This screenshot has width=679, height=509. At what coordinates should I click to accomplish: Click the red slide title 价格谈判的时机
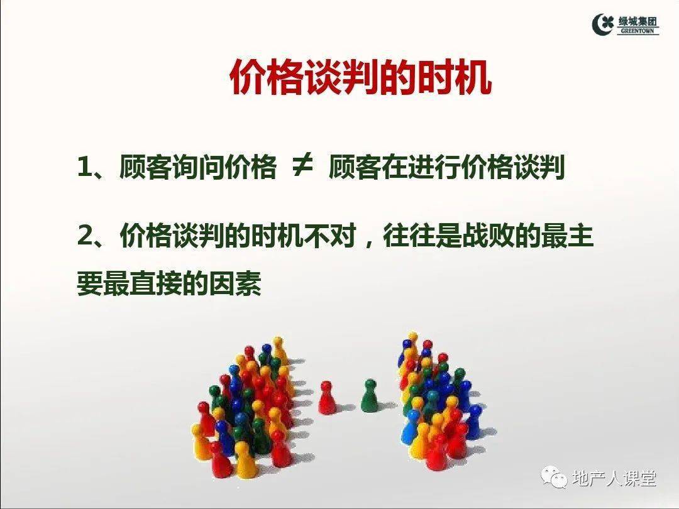pyautogui.click(x=360, y=79)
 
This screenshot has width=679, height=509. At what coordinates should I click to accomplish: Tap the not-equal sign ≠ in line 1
pyautogui.click(x=302, y=168)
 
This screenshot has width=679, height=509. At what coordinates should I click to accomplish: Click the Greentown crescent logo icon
pyautogui.click(x=602, y=24)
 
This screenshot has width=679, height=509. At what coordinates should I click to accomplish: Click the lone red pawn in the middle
pyautogui.click(x=326, y=397)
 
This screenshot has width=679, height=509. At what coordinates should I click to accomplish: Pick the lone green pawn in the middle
pyautogui.click(x=369, y=395)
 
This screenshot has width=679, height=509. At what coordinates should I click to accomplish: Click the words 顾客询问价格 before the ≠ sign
pyautogui.click(x=197, y=168)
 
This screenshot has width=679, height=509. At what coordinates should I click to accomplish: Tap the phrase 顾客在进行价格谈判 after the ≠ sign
pyautogui.click(x=446, y=168)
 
